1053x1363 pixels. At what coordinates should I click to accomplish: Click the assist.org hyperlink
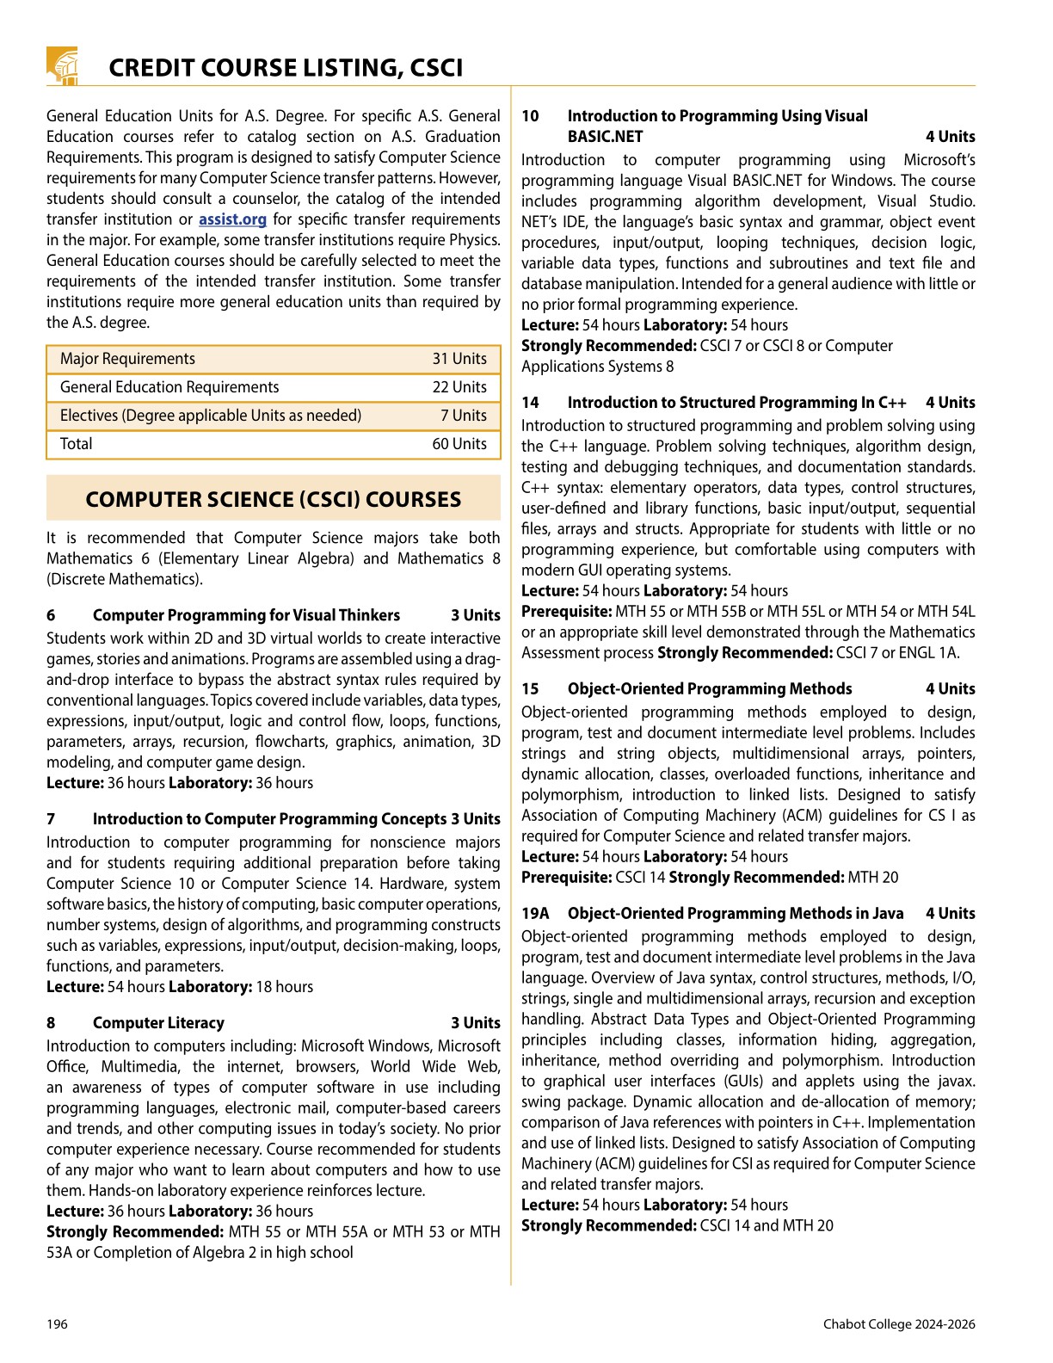click(x=232, y=219)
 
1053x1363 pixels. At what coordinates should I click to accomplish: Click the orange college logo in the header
click(x=62, y=66)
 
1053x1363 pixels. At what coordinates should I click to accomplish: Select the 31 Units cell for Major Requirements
click(x=459, y=359)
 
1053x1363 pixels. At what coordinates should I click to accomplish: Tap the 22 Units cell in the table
click(x=459, y=387)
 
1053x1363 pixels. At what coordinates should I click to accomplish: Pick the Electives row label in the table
click(x=210, y=416)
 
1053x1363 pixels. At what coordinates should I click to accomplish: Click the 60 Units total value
click(x=459, y=444)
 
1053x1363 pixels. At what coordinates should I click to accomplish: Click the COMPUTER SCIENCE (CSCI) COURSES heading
click(x=273, y=500)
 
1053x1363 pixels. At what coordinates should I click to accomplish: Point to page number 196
click(x=57, y=1324)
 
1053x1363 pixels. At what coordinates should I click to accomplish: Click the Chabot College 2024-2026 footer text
click(x=898, y=1324)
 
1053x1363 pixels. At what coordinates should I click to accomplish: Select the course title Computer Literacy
click(x=158, y=1023)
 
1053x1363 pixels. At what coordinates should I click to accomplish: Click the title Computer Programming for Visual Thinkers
click(x=246, y=615)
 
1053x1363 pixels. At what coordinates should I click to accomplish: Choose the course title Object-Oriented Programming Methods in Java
click(x=735, y=914)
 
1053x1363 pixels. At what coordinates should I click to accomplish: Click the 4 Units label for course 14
click(x=950, y=403)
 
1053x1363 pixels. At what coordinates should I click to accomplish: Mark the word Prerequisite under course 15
click(x=566, y=878)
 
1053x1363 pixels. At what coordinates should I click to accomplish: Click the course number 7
click(x=51, y=819)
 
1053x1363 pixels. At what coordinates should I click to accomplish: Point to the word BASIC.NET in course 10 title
click(x=605, y=137)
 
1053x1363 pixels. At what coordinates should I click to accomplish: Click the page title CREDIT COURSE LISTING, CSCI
click(x=286, y=68)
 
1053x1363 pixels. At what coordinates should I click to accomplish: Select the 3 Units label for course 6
click(x=475, y=615)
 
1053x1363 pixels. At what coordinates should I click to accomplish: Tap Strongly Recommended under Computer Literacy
click(x=135, y=1232)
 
